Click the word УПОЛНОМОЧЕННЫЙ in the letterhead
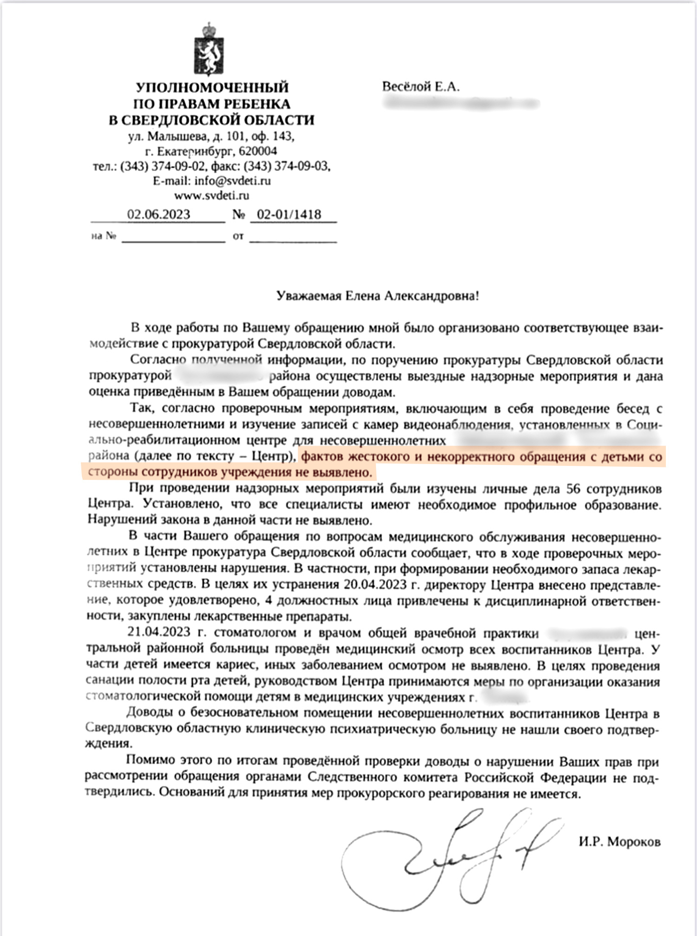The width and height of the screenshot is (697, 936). (212, 87)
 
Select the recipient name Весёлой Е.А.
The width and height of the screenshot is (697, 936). (421, 86)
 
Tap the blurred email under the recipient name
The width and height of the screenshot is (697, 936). (460, 103)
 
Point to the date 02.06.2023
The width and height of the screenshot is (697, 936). (158, 214)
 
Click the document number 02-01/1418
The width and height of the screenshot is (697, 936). (289, 214)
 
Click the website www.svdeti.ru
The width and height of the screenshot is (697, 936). (211, 196)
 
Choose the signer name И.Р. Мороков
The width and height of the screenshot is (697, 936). (619, 841)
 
